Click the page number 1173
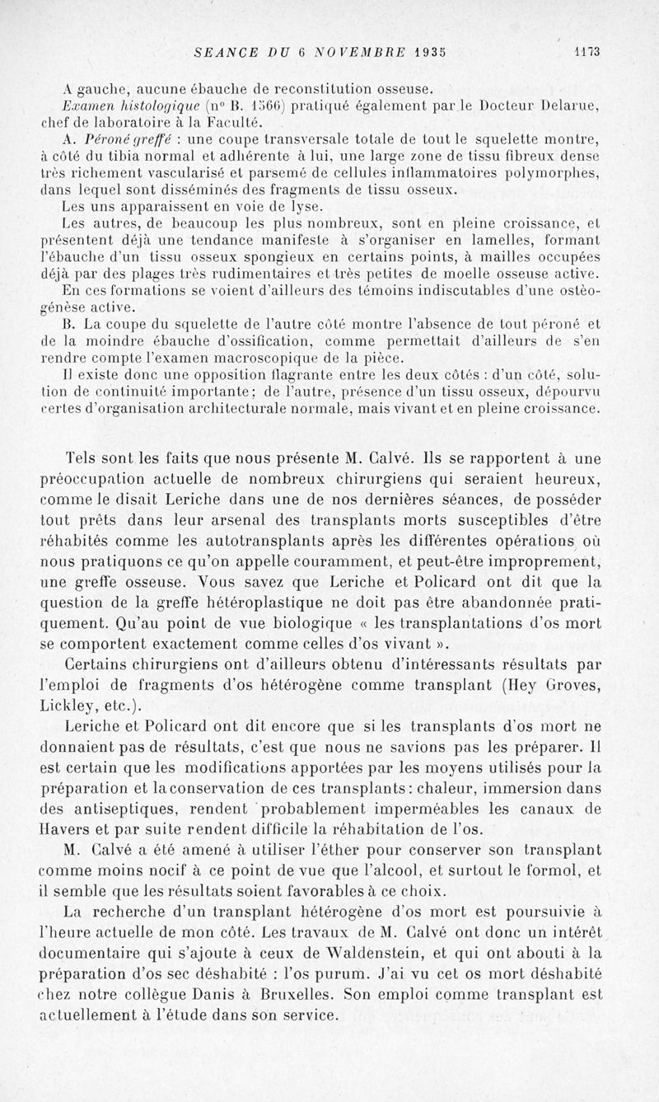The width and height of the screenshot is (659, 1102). coord(589,50)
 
